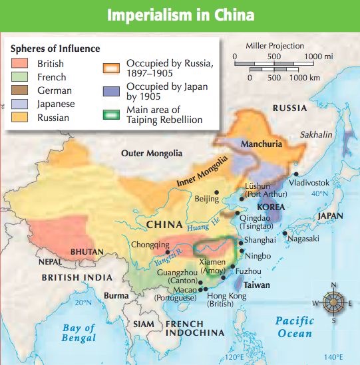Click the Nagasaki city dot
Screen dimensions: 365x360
coord(285,233)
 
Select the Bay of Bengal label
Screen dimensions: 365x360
coord(79,332)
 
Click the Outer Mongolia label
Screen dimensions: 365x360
coord(152,154)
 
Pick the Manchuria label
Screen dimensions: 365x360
coord(262,144)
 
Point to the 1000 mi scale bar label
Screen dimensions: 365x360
coord(318,57)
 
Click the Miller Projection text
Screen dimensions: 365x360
coord(275,46)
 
